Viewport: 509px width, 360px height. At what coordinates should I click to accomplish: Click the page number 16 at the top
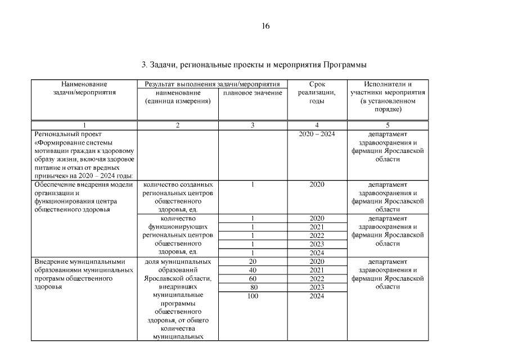pos(266,26)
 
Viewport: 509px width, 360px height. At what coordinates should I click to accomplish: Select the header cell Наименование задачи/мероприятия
pos(84,88)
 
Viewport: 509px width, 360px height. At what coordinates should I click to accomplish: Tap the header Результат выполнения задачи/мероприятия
pos(212,84)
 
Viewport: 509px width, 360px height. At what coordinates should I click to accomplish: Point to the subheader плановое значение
pos(253,93)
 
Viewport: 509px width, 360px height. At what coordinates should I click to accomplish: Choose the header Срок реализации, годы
pos(317,93)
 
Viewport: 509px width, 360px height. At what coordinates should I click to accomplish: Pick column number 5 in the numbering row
pos(388,125)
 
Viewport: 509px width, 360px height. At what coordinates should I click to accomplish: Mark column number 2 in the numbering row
pos(178,125)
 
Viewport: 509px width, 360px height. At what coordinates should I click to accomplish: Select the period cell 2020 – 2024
pos(317,134)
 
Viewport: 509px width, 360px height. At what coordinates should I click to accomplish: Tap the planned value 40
pos(253,271)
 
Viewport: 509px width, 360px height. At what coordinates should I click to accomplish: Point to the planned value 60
pos(253,279)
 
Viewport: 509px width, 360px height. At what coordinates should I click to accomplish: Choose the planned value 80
pos(253,287)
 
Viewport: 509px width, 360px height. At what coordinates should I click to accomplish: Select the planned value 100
pos(253,296)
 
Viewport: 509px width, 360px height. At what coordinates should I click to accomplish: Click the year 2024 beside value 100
pos(317,296)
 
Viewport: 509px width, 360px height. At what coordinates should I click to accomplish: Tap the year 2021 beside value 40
pos(317,271)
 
